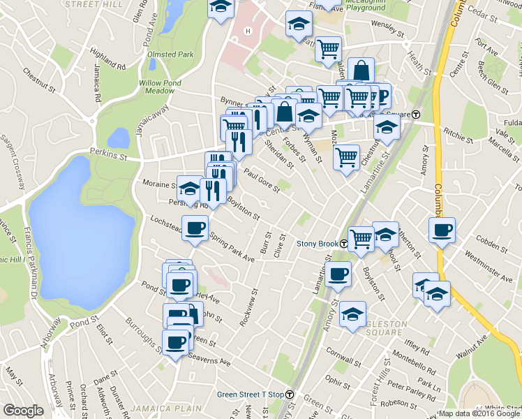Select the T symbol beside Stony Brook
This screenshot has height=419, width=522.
pos(344,244)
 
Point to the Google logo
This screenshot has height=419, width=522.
pos(23,411)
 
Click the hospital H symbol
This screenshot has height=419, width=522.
pos(247,31)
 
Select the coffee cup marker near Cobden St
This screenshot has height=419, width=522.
pos(441,230)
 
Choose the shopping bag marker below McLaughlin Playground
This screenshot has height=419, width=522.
pos(361,70)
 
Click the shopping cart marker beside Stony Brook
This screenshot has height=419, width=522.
pos(360,238)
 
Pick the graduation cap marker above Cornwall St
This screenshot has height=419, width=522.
pos(353,314)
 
